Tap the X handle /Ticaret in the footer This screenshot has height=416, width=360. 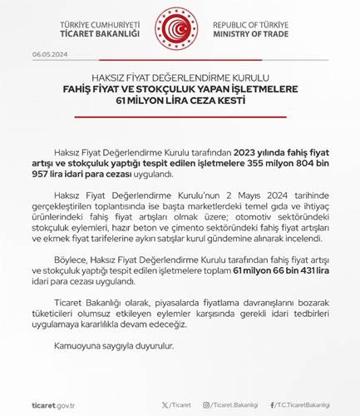point(175,403)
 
